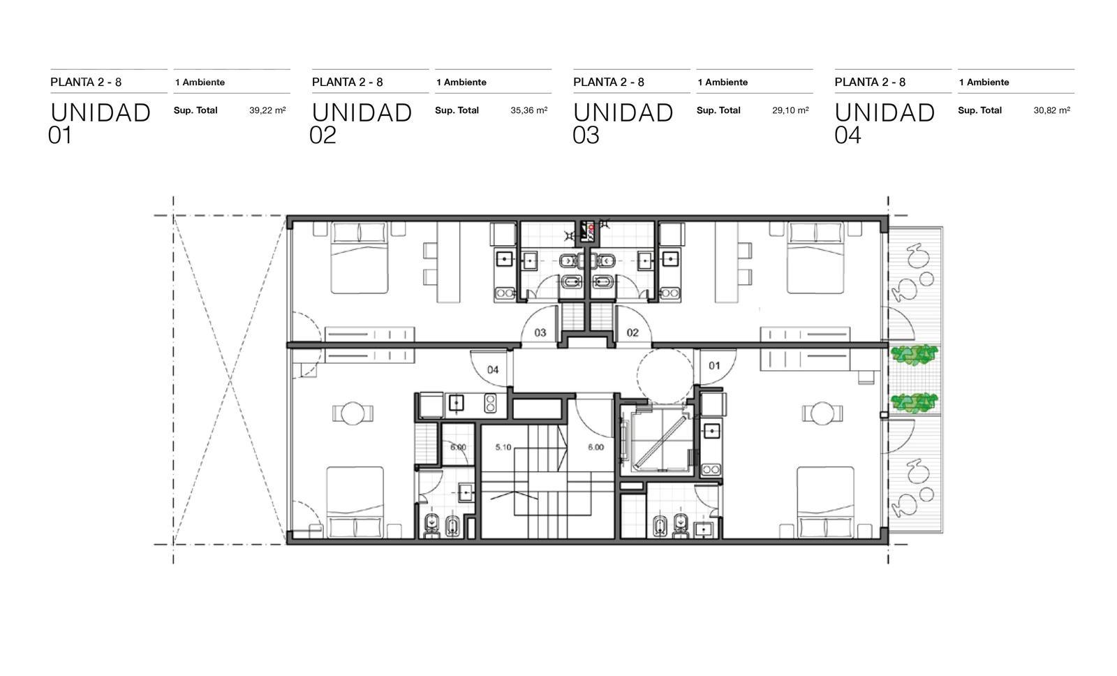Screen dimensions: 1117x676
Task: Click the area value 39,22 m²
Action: tap(267, 110)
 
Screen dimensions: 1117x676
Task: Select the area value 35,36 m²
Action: tap(528, 110)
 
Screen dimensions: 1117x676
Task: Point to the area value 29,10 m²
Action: tap(790, 110)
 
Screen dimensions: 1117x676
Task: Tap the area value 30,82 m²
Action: tap(1051, 110)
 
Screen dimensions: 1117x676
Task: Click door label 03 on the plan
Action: tap(540, 332)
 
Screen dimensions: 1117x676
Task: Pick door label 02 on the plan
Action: tap(633, 332)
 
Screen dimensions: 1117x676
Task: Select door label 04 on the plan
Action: tap(493, 369)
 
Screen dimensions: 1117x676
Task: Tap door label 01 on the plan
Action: tap(714, 366)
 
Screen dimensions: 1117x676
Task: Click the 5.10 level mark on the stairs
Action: tap(503, 447)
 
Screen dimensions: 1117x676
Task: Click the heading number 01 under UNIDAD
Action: tap(60, 135)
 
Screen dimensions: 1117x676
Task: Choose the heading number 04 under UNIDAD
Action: tap(848, 135)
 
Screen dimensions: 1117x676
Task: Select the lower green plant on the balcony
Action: tap(914, 403)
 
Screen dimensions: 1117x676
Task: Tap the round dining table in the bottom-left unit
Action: tap(353, 413)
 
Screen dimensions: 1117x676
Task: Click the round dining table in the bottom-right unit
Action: tap(822, 413)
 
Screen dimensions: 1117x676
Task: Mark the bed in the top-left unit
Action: tap(360, 258)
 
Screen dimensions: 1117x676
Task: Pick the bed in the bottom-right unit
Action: tap(826, 502)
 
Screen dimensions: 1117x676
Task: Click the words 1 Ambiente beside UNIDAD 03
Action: tap(723, 82)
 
